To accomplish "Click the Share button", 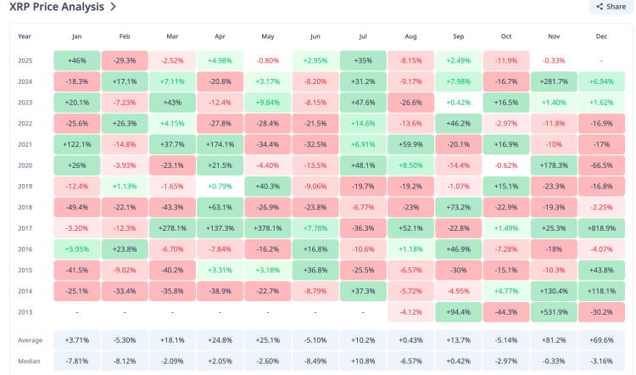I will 611,7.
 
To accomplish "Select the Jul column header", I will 362,36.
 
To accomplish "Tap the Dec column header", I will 601,36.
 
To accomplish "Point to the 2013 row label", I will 25,311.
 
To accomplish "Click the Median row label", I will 30,361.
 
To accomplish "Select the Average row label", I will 31,340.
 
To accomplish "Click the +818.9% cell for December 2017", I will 601,227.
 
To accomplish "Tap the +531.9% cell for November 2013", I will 554,311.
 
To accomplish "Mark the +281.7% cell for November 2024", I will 554,81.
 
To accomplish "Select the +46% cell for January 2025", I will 76,61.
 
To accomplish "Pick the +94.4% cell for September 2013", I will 458,311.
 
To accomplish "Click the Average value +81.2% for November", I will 554,340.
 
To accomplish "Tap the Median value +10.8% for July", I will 362,361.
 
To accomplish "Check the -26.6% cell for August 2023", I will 410,103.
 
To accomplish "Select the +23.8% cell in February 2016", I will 124,249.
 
